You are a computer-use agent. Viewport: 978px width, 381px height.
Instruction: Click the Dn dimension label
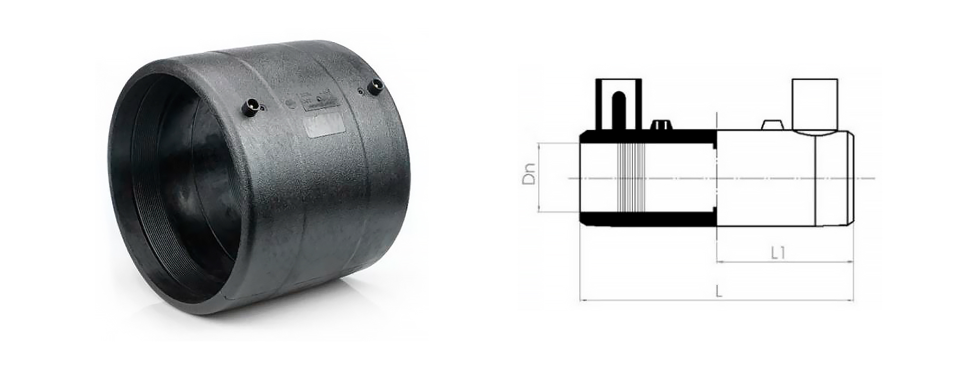click(x=529, y=174)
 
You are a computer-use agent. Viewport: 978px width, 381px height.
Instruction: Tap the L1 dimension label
click(x=778, y=253)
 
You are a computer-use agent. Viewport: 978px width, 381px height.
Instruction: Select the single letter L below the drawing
click(x=719, y=291)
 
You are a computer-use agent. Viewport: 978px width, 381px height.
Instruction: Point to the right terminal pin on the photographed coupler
click(x=376, y=87)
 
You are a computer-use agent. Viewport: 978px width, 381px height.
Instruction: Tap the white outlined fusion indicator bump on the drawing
click(x=772, y=125)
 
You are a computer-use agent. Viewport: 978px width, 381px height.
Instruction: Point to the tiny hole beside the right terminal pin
click(x=361, y=92)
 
